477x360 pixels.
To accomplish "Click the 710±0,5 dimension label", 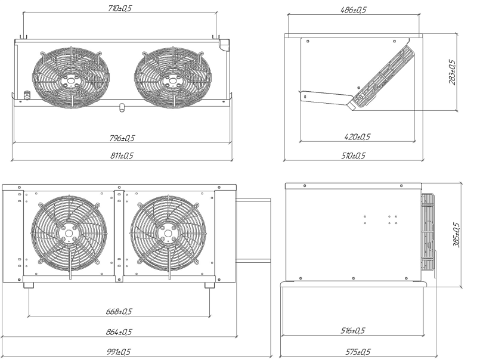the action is click(120, 8).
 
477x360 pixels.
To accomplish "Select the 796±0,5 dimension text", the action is click(122, 138).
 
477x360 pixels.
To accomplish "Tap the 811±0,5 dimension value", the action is click(122, 156).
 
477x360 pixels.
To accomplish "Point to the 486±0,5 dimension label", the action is click(353, 10).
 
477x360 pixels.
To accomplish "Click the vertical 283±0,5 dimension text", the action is click(453, 72).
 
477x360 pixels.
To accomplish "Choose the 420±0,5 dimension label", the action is click(357, 137).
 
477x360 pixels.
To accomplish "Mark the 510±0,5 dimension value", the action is click(353, 156).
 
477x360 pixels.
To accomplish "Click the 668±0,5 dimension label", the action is click(119, 312).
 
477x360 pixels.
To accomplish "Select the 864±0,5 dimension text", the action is click(119, 332).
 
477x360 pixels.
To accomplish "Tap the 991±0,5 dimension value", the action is click(119, 352).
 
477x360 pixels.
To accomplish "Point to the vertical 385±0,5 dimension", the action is click(457, 235).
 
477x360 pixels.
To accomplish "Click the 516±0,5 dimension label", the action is click(352, 331).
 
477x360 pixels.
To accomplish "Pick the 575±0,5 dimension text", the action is click(358, 352).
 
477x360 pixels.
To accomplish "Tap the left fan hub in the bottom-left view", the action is click(69, 234).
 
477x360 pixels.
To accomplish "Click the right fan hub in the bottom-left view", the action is click(168, 234).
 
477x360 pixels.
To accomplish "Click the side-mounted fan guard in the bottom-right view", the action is click(428, 232).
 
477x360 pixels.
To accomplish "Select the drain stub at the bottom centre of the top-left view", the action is click(122, 108).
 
